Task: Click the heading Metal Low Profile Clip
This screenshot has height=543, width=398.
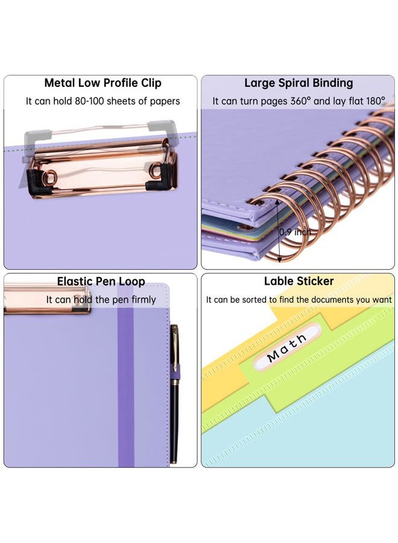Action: coord(103,83)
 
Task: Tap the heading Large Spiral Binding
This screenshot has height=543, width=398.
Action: coord(298,83)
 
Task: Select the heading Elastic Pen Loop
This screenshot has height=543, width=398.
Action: coord(101,281)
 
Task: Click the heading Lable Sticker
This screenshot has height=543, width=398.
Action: coord(298,281)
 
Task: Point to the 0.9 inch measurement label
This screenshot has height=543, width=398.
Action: coord(295,232)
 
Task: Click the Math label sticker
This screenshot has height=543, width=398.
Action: coord(287,347)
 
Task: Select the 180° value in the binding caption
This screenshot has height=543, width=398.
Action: coord(375,101)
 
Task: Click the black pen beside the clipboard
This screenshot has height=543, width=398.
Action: coord(174,394)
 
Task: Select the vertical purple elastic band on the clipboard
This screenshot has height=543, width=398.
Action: coord(125,384)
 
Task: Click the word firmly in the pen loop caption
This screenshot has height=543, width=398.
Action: coord(144,299)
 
